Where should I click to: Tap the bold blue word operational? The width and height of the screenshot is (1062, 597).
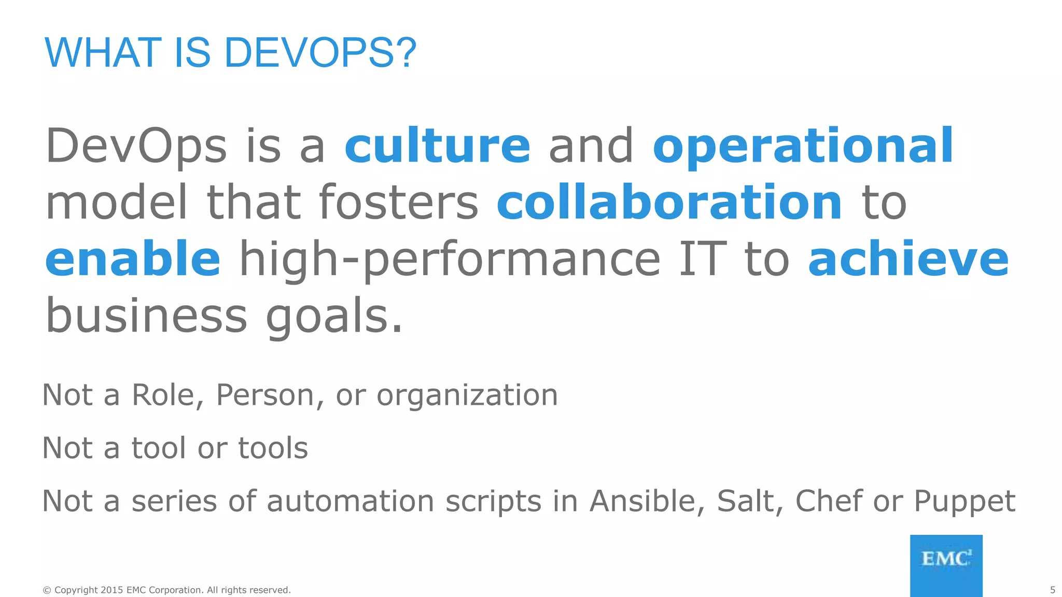pos(803,147)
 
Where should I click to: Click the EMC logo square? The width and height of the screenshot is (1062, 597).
pos(946,565)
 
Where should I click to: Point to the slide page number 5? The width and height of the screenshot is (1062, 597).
pos(1052,590)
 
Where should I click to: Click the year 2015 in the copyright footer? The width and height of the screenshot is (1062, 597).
pos(111,590)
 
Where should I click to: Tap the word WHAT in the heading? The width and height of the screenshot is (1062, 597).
pos(103,53)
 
